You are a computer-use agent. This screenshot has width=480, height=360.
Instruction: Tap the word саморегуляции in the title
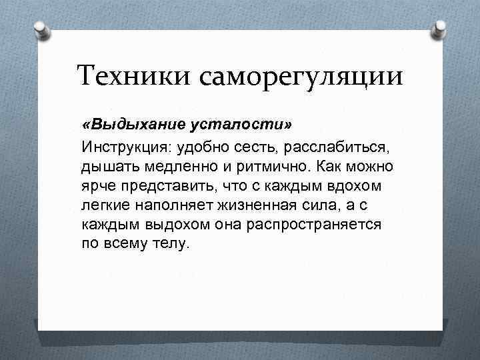tap(300, 75)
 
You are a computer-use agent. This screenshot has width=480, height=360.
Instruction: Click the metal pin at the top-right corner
tap(439, 28)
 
